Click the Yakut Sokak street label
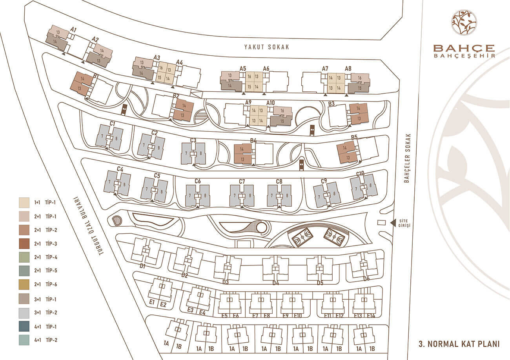[267, 47]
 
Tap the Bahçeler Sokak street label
[408, 158]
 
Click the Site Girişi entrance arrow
[393, 223]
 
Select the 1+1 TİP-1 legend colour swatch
[24, 202]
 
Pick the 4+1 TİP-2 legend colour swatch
[24, 340]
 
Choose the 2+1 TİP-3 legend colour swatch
[24, 244]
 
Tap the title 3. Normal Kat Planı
[459, 344]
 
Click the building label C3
[193, 140]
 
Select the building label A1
[73, 29]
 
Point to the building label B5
[354, 137]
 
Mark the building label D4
[276, 283]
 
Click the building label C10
[360, 174]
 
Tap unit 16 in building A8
[360, 78]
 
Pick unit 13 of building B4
[242, 159]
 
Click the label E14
[371, 316]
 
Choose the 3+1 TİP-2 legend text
[46, 313]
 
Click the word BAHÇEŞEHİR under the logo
[464, 56]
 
